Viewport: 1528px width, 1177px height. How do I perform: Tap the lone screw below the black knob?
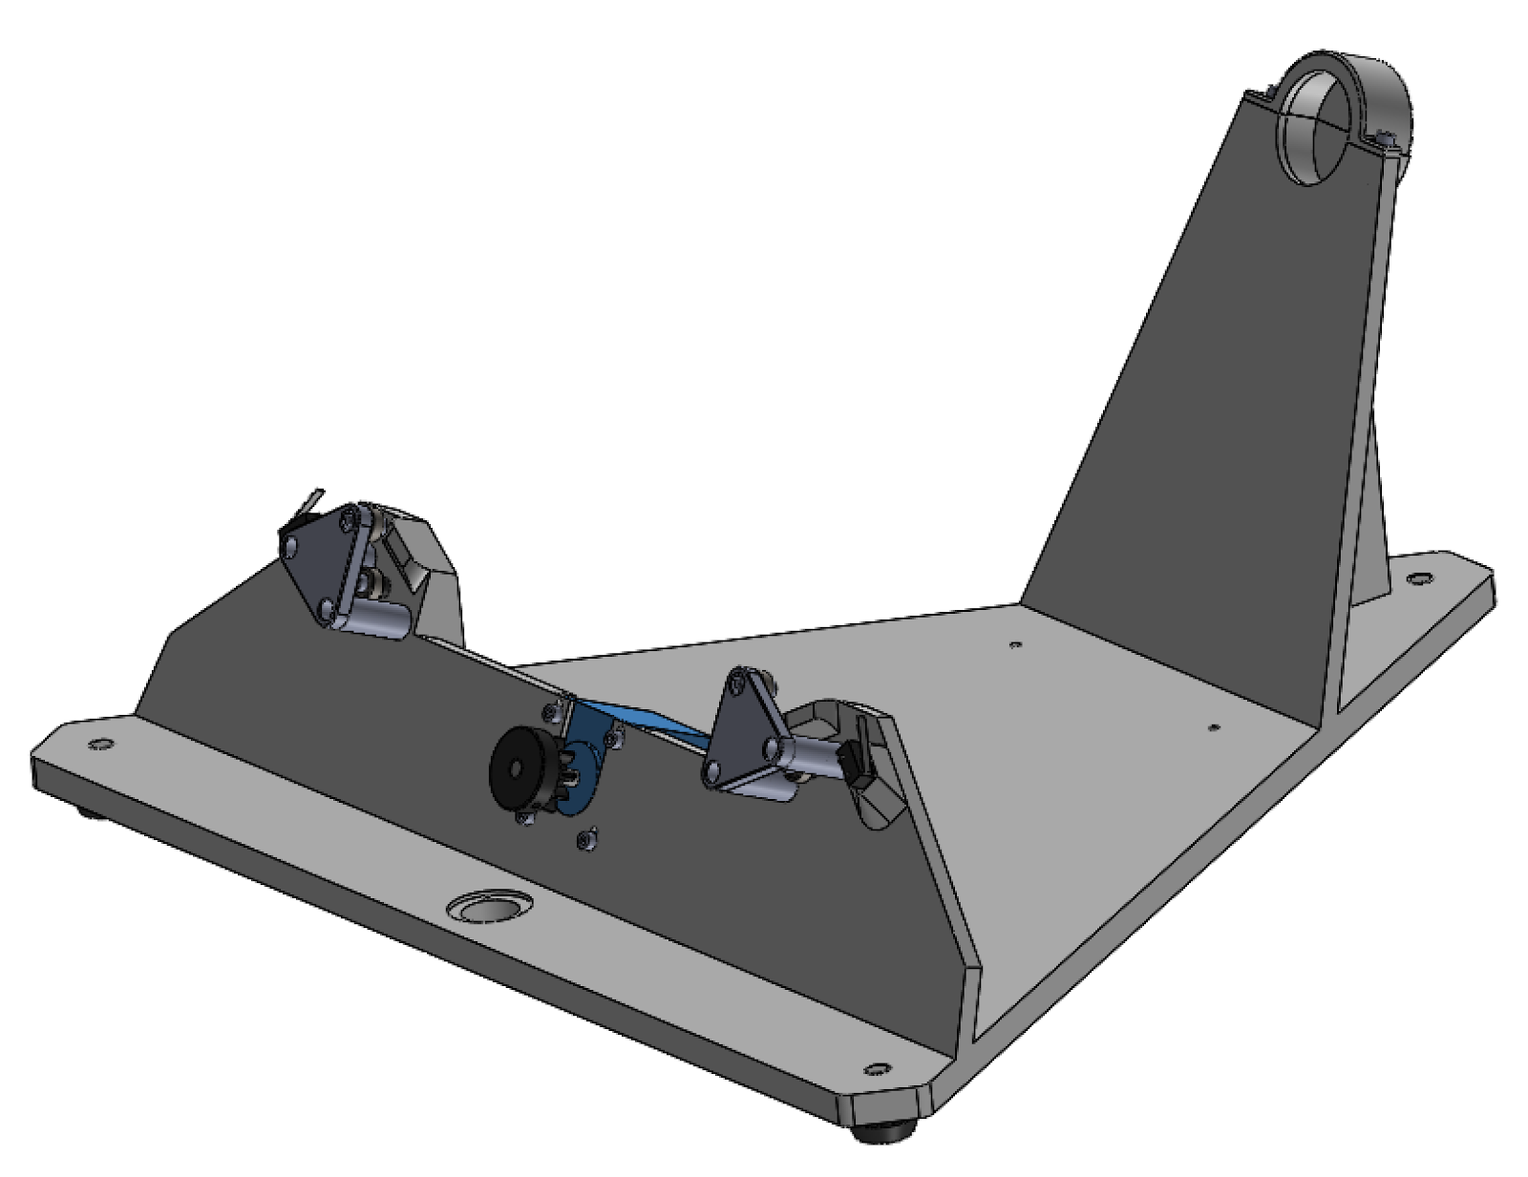pos(586,837)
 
